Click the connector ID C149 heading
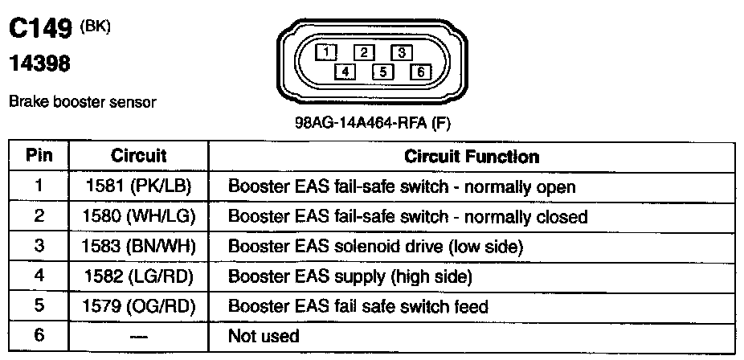click(40, 30)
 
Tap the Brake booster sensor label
click(82, 103)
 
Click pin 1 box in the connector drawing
click(326, 53)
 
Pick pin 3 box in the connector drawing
click(400, 53)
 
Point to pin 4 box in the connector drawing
click(345, 72)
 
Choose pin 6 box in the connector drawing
click(419, 72)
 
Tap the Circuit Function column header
click(472, 156)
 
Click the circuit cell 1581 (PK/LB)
click(138, 187)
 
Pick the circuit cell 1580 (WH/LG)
click(138, 217)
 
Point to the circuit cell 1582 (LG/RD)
click(138, 276)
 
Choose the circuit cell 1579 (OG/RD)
click(138, 306)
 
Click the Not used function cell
click(264, 336)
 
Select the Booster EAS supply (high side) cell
click(350, 276)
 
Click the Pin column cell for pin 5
click(38, 306)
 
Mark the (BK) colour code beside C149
click(96, 26)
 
